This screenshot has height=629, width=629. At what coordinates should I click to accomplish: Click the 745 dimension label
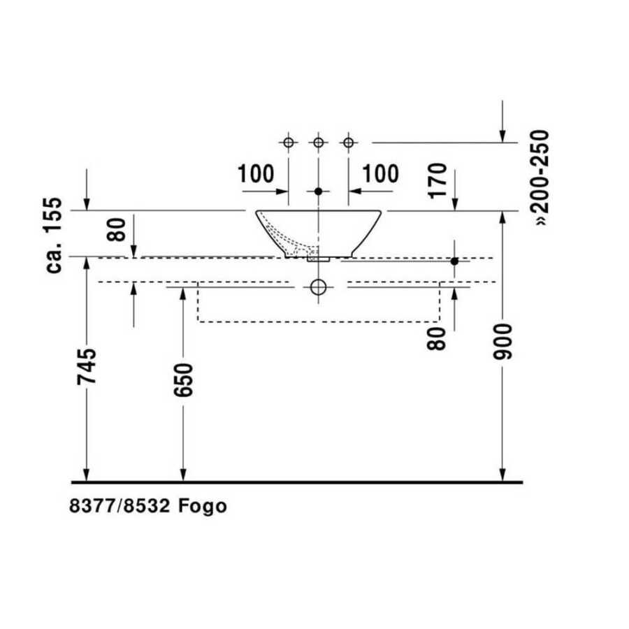pos(87,366)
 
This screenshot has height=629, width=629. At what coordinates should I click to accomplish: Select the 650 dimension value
pos(183,380)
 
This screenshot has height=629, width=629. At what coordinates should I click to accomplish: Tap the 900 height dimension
pos(503,342)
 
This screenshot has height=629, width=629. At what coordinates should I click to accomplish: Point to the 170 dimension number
pos(438,180)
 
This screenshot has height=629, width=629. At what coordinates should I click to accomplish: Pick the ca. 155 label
pos(54,236)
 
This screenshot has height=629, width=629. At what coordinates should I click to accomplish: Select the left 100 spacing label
pos(256,174)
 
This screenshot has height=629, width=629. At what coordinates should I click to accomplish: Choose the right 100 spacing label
pos(381,174)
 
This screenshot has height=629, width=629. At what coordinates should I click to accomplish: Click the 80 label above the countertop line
pos(116,229)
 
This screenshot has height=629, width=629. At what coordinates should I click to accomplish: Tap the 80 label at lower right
pos(436,339)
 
